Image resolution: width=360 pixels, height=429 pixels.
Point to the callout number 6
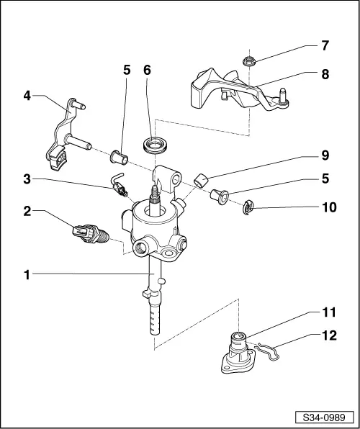pyautogui.click(x=148, y=71)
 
